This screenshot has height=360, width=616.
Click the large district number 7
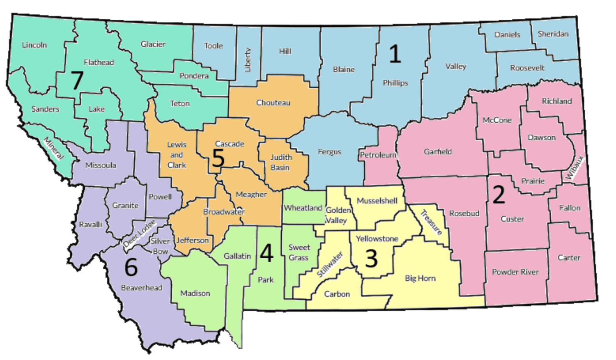(77, 80)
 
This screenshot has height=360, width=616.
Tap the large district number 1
(395, 54)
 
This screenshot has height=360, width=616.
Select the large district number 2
(499, 195)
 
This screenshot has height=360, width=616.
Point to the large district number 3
(371, 259)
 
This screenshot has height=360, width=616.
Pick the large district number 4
(267, 253)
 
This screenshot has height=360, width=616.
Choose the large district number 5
(218, 158)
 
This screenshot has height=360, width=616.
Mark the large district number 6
(131, 267)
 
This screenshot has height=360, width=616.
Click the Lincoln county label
(34, 45)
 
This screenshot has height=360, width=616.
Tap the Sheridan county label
(553, 34)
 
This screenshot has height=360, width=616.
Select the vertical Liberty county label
(248, 60)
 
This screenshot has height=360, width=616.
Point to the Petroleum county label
(378, 155)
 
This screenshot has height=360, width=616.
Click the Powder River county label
(515, 272)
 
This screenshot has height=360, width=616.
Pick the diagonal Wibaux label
(575, 167)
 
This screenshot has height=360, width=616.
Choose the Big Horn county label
(420, 278)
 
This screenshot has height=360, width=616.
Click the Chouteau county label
(273, 103)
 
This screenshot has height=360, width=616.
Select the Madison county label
(195, 293)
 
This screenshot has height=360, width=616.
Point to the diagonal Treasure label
(431, 222)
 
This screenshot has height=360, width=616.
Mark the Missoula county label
(101, 165)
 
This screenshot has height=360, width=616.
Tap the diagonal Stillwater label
(330, 265)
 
